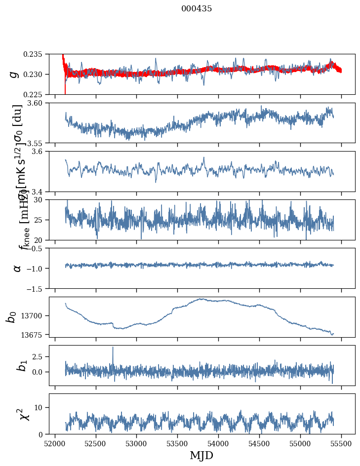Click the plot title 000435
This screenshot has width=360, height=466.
[x=197, y=9]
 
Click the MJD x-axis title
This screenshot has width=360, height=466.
[x=201, y=455]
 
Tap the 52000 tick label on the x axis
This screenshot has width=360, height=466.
[x=55, y=442]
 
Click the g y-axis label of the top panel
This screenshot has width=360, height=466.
[x=15, y=74]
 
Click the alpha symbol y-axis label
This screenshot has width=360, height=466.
[x=17, y=268]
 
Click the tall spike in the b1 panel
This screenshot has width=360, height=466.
[x=113, y=348]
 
